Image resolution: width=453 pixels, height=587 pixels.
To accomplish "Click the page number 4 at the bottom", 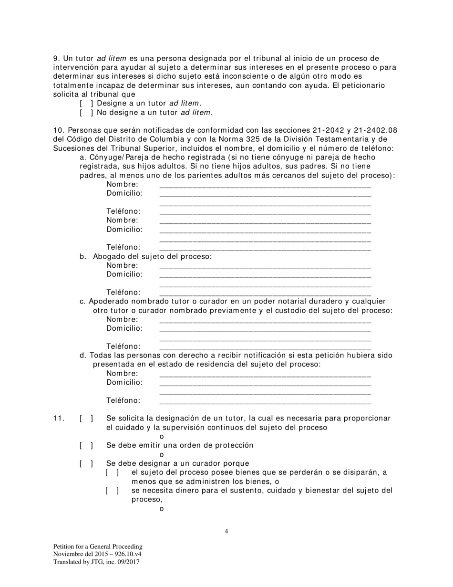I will click(226, 531).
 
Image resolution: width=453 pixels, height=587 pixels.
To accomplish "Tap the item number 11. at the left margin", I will click(59, 419).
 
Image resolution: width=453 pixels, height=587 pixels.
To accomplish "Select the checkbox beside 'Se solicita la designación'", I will click(86, 419).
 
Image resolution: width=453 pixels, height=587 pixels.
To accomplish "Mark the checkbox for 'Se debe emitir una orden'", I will click(86, 445).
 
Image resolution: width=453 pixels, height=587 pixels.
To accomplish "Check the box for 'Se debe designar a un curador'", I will click(86, 463).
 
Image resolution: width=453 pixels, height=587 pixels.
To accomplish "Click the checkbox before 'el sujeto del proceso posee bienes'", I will click(112, 472).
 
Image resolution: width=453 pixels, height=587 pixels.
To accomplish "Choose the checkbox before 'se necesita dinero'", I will click(112, 491).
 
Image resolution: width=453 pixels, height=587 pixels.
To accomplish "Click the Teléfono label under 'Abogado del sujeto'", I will click(124, 292).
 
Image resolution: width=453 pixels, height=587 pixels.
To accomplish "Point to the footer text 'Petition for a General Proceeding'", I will click(98, 546).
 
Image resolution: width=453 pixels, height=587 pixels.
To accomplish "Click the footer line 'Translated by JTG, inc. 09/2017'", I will click(96, 562).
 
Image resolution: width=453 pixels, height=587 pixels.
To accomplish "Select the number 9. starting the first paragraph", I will click(56, 58).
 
